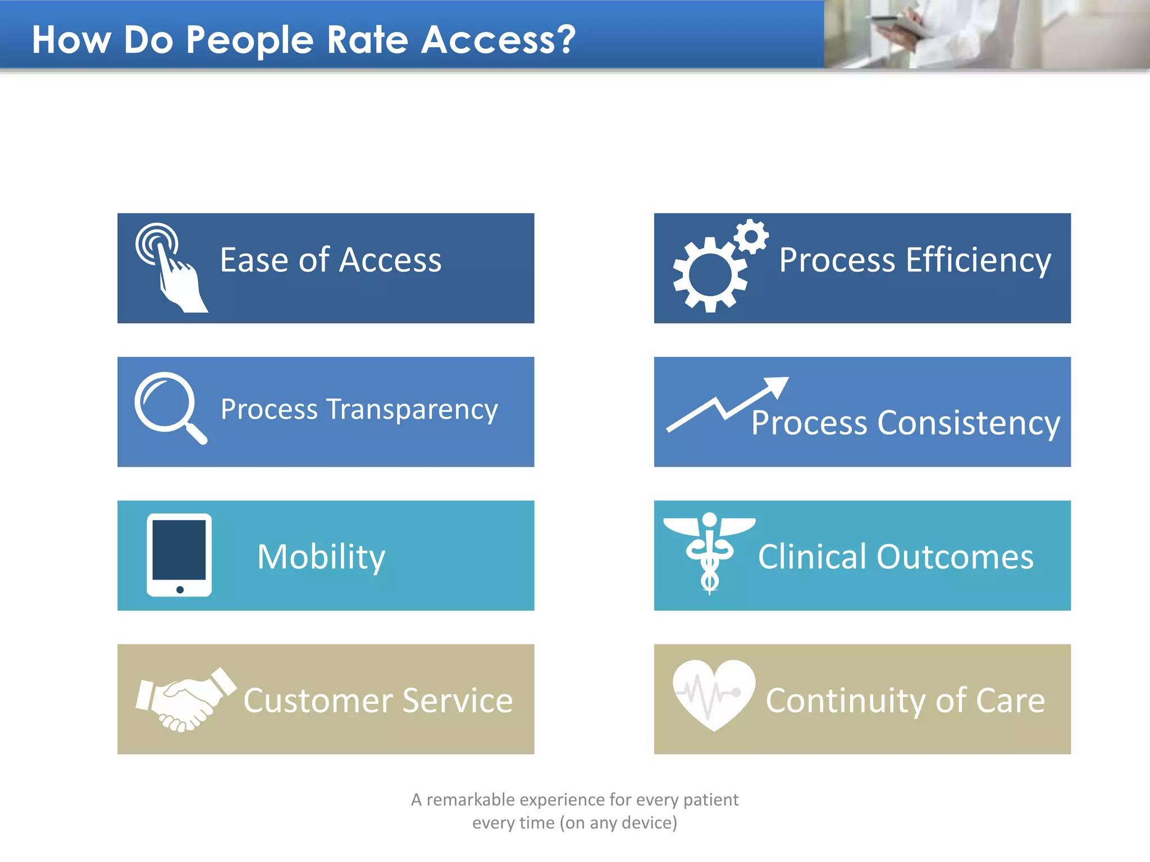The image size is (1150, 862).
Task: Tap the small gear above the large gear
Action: coord(751,236)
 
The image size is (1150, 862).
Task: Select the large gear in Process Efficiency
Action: coord(710,274)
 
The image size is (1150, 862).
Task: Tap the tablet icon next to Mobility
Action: coord(179,554)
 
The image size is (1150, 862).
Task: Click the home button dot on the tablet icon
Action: coord(180,589)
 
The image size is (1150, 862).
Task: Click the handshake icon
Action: coord(185,699)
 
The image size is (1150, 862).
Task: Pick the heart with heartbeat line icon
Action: coord(714,694)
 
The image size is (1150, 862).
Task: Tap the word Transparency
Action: coord(412,410)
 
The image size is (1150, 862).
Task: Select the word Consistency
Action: coord(968,423)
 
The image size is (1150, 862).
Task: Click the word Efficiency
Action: coord(978,260)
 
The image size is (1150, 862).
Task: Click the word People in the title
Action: coord(249,40)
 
